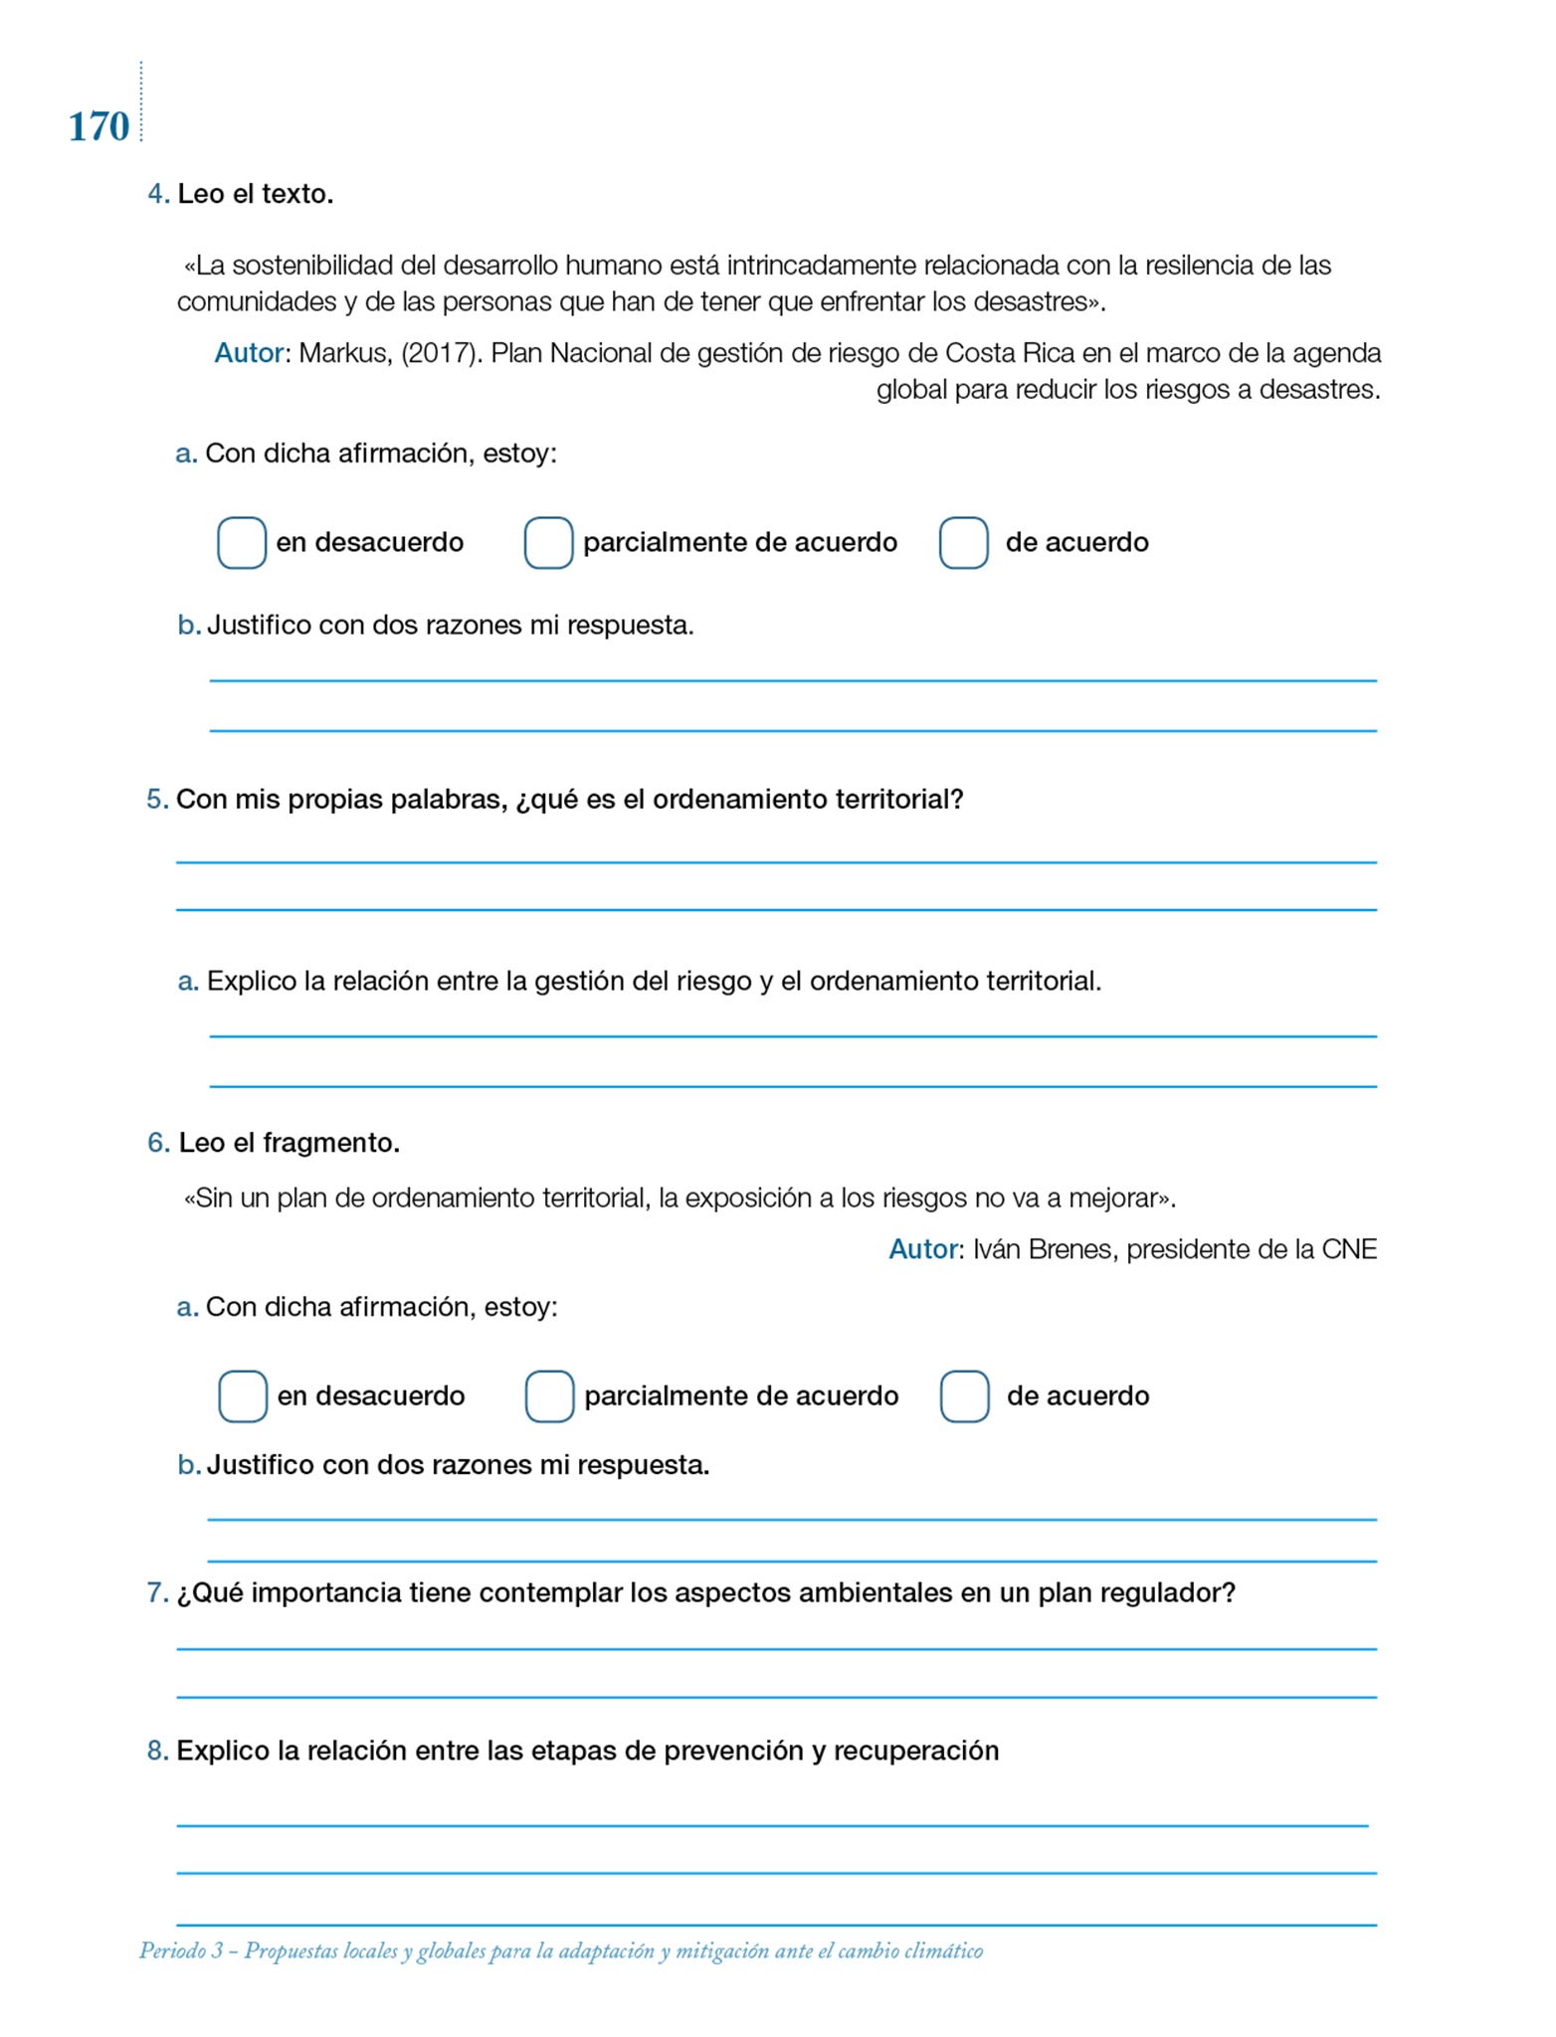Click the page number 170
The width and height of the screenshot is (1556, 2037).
coord(98,127)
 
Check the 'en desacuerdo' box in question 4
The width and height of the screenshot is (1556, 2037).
coord(242,543)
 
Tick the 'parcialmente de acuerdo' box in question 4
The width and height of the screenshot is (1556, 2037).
coord(548,543)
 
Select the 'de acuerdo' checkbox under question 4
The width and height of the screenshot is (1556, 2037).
coord(963,543)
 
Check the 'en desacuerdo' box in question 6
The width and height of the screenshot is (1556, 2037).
coord(243,1396)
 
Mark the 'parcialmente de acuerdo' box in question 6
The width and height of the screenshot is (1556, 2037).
coord(549,1396)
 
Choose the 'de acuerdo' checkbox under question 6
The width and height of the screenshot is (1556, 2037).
coord(964,1396)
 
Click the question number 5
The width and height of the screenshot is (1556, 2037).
coord(156,800)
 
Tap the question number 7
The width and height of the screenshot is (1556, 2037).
coord(156,1593)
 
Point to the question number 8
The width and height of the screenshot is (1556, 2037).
coord(156,1751)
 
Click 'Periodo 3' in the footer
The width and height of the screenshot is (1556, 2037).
coord(181,1951)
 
